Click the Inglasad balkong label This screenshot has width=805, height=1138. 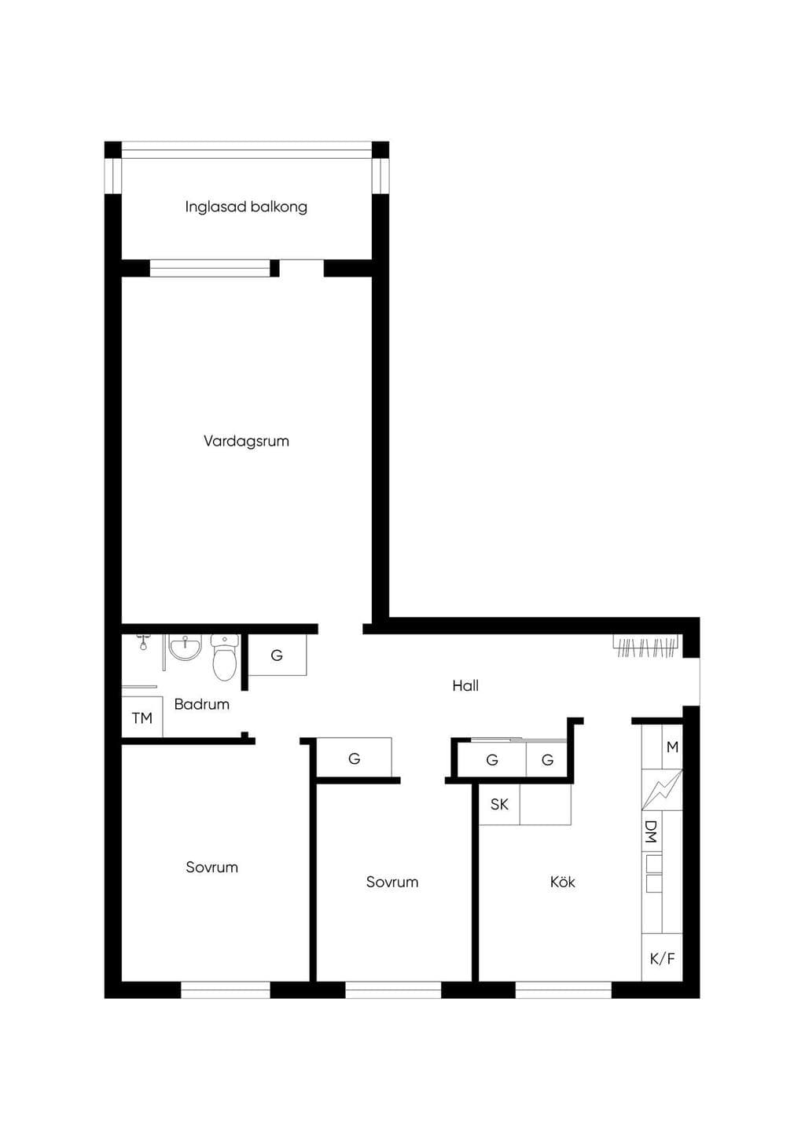(x=246, y=207)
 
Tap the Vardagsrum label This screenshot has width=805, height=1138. (x=247, y=441)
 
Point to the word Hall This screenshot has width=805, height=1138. (x=465, y=686)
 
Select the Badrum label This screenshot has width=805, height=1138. (x=202, y=704)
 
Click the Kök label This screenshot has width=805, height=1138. (x=563, y=882)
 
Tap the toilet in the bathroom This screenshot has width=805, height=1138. (x=225, y=657)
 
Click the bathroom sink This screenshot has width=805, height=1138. (x=185, y=648)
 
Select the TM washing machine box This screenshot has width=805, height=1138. (x=142, y=717)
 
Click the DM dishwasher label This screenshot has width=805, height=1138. (x=650, y=831)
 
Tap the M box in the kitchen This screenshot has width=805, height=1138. (x=672, y=747)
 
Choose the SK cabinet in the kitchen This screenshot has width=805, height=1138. (x=499, y=804)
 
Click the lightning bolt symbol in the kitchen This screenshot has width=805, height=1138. (x=662, y=790)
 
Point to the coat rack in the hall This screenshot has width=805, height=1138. (x=646, y=645)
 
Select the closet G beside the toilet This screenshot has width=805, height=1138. (x=277, y=655)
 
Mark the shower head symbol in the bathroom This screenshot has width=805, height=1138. (x=144, y=643)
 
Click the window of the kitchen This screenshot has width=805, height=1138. (x=564, y=990)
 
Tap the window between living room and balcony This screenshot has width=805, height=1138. (x=210, y=268)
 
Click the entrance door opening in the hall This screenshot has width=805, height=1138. (x=691, y=681)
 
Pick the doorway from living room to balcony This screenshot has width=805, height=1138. (x=301, y=268)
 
